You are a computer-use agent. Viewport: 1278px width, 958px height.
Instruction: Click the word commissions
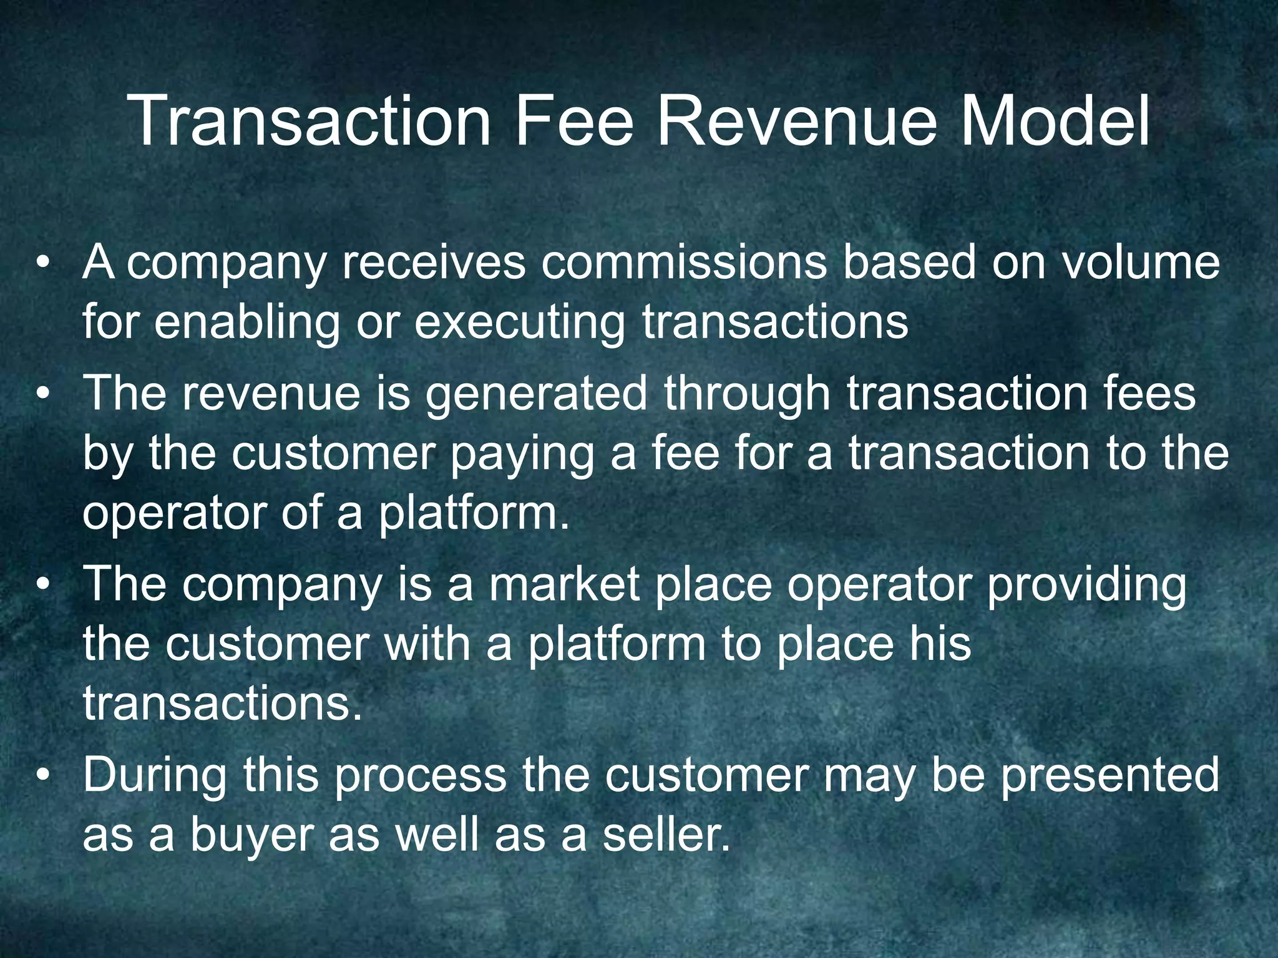pyautogui.click(x=684, y=263)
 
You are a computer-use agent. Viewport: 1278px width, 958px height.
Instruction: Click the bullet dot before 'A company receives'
pyautogui.click(x=42, y=264)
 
